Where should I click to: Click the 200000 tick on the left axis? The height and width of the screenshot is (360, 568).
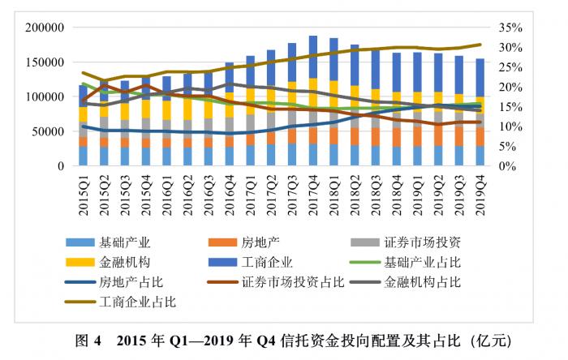point(45,28)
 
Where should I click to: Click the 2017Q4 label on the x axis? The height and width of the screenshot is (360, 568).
point(312,191)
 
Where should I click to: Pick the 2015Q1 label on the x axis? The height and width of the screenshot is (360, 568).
point(83,191)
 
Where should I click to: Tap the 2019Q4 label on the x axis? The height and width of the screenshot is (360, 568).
point(480,191)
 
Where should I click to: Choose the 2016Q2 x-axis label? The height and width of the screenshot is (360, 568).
point(187,191)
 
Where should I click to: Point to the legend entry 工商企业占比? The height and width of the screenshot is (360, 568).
point(138,302)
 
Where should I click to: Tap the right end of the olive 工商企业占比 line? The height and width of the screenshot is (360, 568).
point(480,45)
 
